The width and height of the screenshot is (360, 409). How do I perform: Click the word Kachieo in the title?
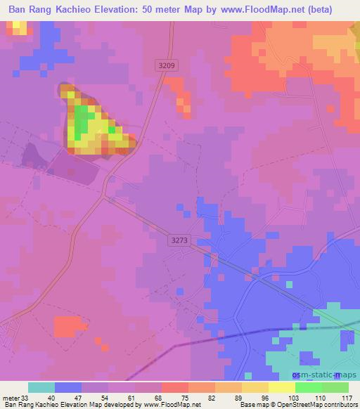(x=96, y=10)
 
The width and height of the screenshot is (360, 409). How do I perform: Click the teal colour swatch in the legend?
(x=41, y=387)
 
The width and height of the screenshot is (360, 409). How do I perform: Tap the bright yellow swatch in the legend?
(x=282, y=387)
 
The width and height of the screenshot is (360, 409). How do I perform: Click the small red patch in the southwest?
(x=68, y=325)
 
